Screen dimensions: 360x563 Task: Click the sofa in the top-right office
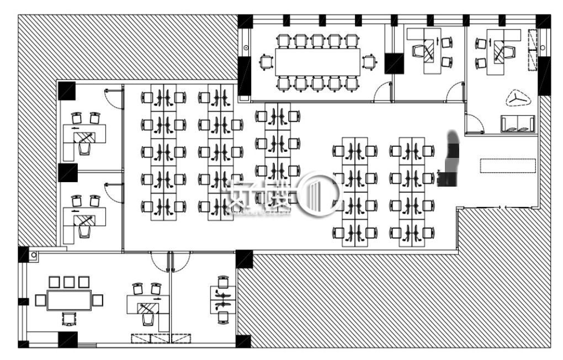(x=517, y=124)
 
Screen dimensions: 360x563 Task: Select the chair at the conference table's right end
(x=369, y=62)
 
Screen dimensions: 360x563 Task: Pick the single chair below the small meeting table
(x=69, y=319)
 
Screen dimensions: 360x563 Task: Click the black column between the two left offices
(x=67, y=172)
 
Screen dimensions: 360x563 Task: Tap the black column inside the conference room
(x=394, y=63)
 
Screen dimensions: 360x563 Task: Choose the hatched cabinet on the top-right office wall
(x=532, y=50)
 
